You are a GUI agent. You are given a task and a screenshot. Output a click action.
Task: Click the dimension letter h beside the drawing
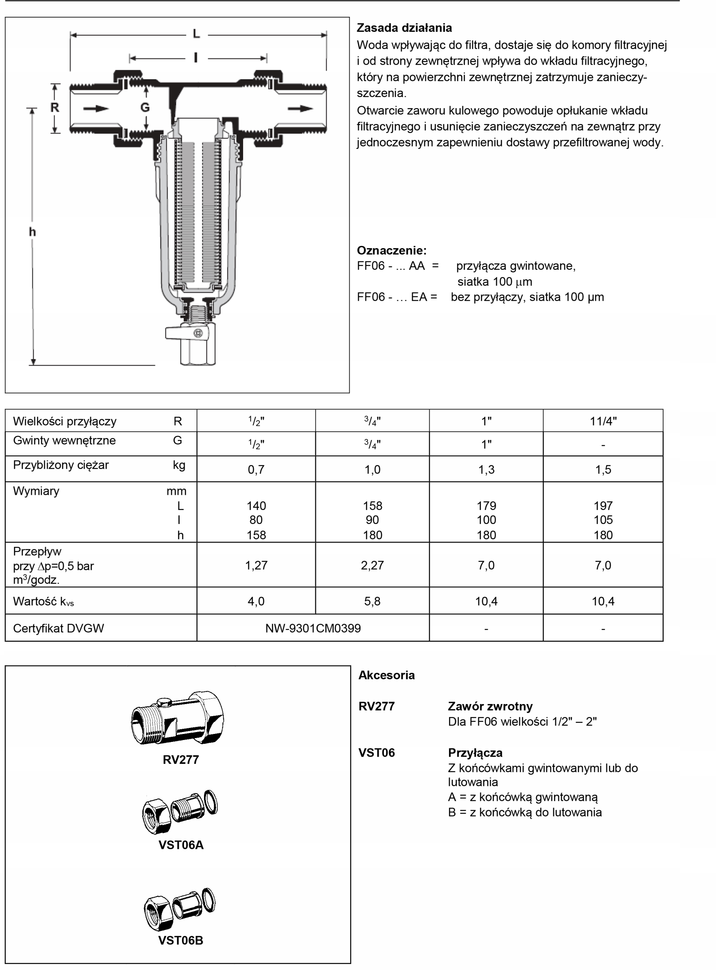[x=33, y=232]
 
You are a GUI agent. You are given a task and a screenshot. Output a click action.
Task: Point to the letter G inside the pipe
[x=145, y=107]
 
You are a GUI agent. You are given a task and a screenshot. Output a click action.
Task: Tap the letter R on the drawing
[x=55, y=107]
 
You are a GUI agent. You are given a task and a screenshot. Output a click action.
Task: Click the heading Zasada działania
[x=404, y=28]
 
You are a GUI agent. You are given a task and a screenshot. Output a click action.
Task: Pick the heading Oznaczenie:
[x=392, y=250]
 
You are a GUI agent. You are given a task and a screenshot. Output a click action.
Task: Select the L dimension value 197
[x=603, y=505]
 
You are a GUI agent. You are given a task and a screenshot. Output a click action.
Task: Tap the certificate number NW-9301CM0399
[x=313, y=628]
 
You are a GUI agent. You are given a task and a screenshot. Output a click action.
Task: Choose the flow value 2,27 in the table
[x=372, y=565]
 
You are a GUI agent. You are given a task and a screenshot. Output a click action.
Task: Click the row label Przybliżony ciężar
[x=61, y=465]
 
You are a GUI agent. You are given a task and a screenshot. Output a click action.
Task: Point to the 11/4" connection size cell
[x=603, y=421]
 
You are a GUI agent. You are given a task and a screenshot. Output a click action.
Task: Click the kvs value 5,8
[x=372, y=601]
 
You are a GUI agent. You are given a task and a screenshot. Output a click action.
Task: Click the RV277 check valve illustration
[x=178, y=719]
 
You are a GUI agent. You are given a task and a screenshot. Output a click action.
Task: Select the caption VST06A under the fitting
[x=181, y=845]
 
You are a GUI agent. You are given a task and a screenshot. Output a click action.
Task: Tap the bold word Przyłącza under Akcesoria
[x=475, y=753]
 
